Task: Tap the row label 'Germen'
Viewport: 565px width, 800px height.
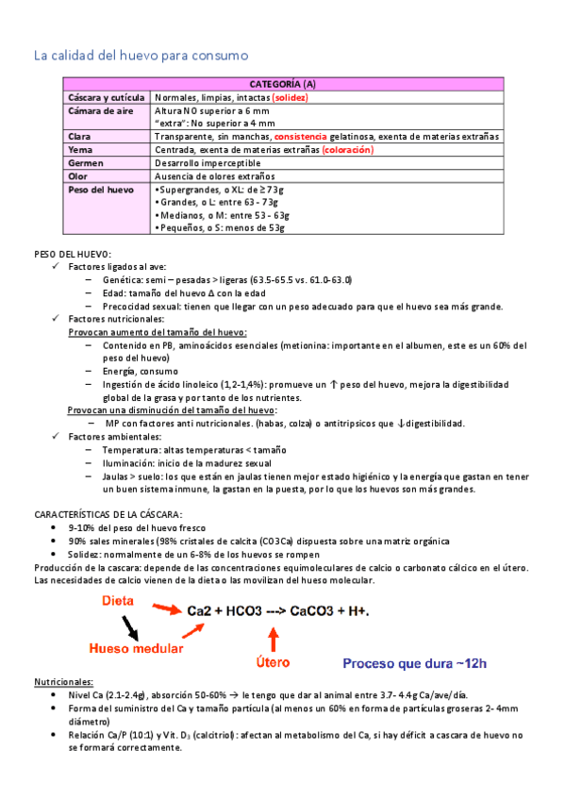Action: (x=86, y=162)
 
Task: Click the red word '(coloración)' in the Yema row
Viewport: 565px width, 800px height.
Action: (x=347, y=150)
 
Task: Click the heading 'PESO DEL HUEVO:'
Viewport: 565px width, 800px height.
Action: (x=73, y=255)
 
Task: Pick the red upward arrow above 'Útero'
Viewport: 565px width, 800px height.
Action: (x=274, y=639)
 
